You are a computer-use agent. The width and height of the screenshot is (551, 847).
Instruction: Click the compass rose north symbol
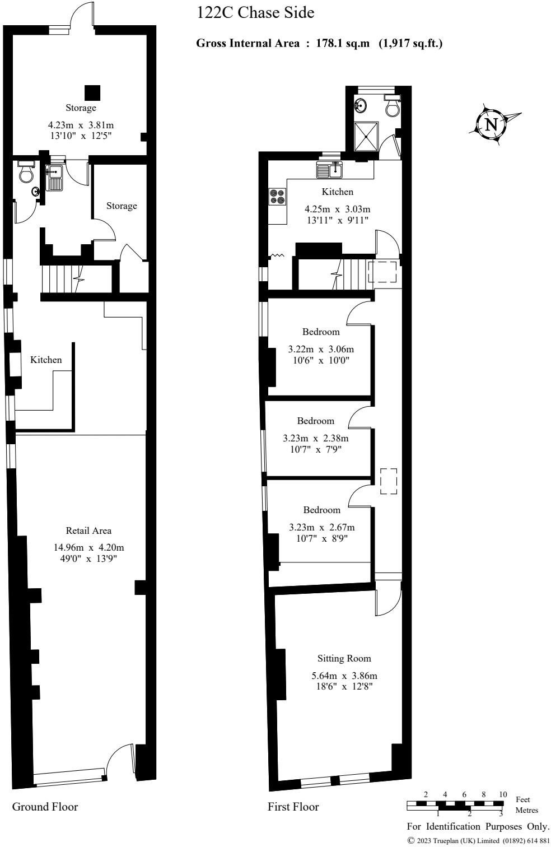491,124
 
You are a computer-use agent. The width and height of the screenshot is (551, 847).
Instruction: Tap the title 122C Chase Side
255,13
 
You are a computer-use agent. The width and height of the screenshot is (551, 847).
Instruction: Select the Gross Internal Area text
319,43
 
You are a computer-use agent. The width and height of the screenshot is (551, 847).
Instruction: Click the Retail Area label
88,530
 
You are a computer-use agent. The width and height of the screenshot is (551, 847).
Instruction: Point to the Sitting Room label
344,658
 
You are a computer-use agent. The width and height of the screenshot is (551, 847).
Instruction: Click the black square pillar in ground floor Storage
92,92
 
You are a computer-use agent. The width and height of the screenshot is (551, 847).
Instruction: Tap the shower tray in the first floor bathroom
367,136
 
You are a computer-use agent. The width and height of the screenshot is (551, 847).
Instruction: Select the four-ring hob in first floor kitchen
277,197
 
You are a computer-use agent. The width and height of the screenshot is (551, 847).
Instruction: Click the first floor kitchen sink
330,169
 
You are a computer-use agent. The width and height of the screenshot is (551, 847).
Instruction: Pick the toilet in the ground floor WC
26,173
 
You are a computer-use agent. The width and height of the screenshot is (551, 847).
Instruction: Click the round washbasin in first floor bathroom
361,104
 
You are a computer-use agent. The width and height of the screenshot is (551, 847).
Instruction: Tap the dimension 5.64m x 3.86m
344,676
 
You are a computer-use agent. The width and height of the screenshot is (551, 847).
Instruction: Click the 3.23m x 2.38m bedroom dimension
315,438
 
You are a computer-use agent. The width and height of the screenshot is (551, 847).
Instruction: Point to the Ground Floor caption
45,807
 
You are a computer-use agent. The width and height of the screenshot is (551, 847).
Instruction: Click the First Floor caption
293,807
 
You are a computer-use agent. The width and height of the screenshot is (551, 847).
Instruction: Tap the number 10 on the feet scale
502,795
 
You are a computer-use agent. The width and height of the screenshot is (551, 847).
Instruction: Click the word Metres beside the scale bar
526,810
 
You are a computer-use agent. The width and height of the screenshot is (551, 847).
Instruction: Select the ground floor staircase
62,278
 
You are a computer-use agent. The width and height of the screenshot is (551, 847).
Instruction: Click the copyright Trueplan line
478,840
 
